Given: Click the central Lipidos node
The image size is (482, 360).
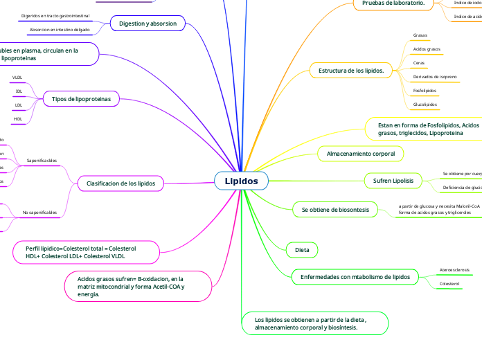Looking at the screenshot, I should point(241,181).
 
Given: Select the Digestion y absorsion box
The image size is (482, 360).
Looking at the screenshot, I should point(148,24).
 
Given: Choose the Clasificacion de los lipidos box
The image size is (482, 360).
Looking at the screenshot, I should point(120,183).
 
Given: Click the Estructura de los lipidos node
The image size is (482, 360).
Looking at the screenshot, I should point(351,71).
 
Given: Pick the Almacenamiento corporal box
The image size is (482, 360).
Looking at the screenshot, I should point(360,152).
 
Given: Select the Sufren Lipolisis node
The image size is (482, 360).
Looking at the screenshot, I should point(393,181).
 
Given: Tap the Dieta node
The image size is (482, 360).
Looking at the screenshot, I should point(302,249).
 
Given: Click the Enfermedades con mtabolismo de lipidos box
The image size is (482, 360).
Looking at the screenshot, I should point(355,277).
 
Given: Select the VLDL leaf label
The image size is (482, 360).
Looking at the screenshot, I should point(18,77).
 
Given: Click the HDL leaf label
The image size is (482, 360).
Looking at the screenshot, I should point(18,119).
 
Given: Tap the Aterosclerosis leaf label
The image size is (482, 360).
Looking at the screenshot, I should point(454,269).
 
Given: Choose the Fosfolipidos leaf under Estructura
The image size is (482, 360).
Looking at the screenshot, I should point(424,90).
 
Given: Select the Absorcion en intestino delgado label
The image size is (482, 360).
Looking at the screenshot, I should point(60,29).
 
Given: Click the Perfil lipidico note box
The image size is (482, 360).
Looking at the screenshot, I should point(80,252).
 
